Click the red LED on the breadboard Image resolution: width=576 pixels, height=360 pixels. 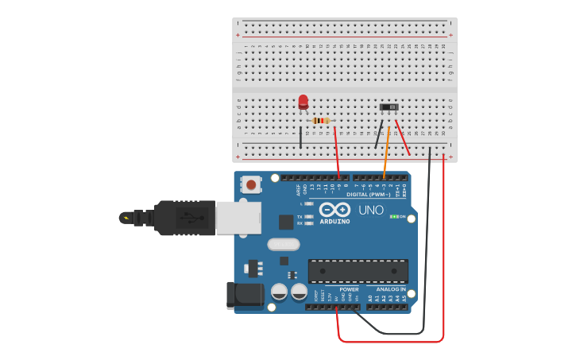click(x=303, y=102)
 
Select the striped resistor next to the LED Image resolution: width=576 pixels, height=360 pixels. click(x=320, y=121)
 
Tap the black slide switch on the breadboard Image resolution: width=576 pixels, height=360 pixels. click(x=389, y=106)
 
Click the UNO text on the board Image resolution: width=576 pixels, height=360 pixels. click(x=370, y=211)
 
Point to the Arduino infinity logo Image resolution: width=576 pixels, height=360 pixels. click(x=334, y=210)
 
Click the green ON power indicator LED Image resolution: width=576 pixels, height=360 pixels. click(x=393, y=216)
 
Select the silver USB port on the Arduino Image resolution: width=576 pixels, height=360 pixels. click(x=238, y=218)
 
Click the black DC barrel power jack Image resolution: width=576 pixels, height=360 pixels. click(x=244, y=295)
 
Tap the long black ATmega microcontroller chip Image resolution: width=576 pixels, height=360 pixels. click(x=358, y=270)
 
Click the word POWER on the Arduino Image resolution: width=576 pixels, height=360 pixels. click(x=349, y=289)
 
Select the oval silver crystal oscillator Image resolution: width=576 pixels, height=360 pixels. click(x=284, y=244)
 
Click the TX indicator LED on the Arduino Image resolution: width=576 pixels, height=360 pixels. click(x=308, y=216)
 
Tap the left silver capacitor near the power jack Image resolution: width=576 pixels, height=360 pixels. click(x=280, y=292)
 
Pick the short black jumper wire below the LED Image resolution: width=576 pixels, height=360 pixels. click(x=301, y=136)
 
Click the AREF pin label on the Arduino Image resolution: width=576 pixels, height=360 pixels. click(x=299, y=190)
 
